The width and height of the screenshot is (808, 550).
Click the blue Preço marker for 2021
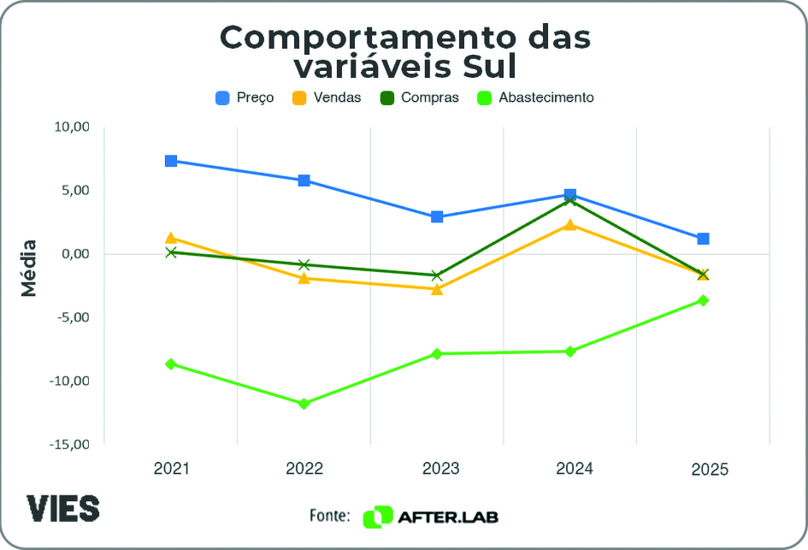pyautogui.click(x=171, y=161)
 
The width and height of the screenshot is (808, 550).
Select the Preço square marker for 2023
pyautogui.click(x=437, y=216)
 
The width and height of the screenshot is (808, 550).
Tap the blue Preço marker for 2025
pyautogui.click(x=703, y=239)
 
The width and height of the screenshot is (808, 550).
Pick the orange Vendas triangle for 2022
pyautogui.click(x=304, y=277)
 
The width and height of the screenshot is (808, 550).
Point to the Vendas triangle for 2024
pyautogui.click(x=570, y=224)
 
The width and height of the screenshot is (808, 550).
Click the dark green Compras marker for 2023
pyautogui.click(x=437, y=275)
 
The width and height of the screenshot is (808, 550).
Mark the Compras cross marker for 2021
pyautogui.click(x=171, y=252)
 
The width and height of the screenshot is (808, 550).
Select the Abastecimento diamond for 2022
pyautogui.click(x=304, y=404)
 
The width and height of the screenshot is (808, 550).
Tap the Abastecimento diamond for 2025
pyautogui.click(x=703, y=300)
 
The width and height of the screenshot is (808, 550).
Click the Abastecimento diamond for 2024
pyautogui.click(x=570, y=352)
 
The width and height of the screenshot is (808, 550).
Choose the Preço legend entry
pyautogui.click(x=245, y=98)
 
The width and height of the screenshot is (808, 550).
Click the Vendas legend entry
pyautogui.click(x=327, y=98)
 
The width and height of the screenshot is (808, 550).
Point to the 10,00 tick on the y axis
pyautogui.click(x=72, y=127)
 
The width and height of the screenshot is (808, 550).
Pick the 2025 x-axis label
pyautogui.click(x=710, y=470)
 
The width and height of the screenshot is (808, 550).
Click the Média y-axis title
pyautogui.click(x=30, y=268)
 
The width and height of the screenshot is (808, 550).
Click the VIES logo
pyautogui.click(x=62, y=508)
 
